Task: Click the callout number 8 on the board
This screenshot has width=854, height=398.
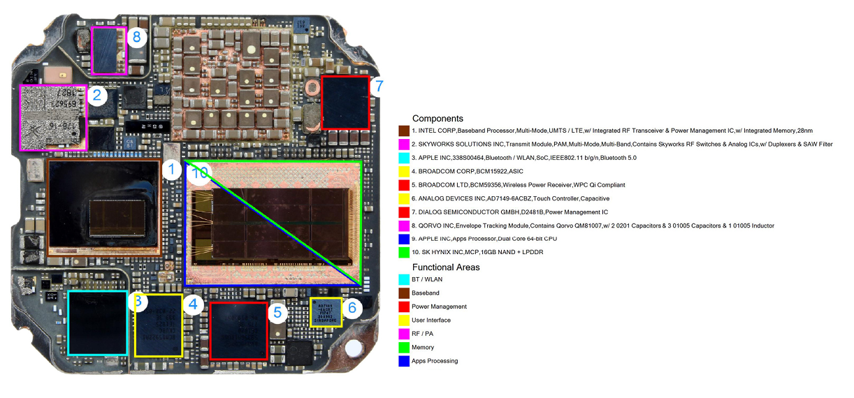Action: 137,37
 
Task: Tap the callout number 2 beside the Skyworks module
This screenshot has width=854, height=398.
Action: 98,96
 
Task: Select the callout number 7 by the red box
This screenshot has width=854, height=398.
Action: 378,87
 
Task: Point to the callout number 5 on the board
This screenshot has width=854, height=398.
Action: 277,312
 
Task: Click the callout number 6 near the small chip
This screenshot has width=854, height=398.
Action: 353,307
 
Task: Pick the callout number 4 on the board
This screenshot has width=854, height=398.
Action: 194,304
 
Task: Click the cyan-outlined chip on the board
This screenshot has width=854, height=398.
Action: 97,323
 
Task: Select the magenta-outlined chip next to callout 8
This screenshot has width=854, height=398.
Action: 110,50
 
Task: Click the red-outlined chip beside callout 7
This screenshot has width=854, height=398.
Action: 345,102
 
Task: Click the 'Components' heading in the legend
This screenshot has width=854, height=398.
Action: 437,119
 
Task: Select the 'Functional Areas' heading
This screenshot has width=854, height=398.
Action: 445,267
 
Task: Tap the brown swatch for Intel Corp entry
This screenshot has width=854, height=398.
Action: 403,131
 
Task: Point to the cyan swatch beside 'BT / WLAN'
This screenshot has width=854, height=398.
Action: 403,279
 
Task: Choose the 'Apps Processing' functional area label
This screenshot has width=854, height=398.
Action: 435,361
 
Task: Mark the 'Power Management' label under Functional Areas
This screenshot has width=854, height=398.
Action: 439,307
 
